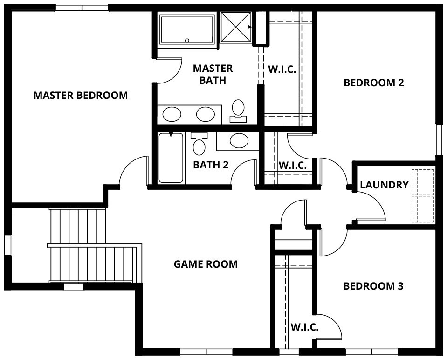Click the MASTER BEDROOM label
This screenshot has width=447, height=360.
point(81,95)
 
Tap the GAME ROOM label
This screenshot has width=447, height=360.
point(206,264)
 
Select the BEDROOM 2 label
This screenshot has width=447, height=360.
point(374,83)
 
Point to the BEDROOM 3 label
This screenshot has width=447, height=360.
point(373,286)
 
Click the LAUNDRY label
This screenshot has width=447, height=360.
point(384,185)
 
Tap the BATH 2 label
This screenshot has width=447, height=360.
point(211,165)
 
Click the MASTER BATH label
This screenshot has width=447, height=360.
point(213,74)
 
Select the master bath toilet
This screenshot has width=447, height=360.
point(238,111)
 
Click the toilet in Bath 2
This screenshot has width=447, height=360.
point(199,144)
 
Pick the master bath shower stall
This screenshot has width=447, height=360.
point(236,27)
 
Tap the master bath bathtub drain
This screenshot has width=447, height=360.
point(187,41)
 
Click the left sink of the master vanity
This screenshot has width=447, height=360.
point(172,114)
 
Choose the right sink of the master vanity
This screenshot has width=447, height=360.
point(205,114)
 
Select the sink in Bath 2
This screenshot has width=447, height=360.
point(239,141)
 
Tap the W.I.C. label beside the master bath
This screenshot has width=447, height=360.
point(282,69)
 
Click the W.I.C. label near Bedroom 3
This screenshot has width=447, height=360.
point(304,327)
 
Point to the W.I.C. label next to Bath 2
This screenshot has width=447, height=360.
point(293,165)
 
